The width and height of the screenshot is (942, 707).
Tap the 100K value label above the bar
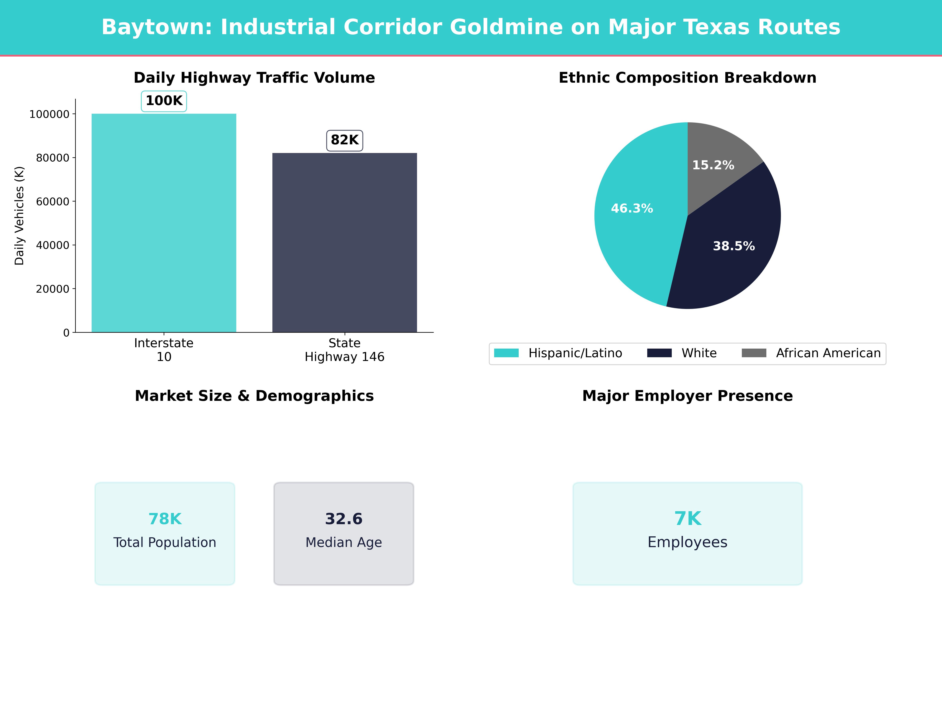164,101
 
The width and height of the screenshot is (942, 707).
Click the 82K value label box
345,140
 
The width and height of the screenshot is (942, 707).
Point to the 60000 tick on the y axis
52,201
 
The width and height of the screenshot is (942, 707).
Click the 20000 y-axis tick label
52,289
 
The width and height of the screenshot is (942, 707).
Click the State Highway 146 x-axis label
345,350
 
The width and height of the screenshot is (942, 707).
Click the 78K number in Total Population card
165,519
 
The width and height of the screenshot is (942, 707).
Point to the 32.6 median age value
344,519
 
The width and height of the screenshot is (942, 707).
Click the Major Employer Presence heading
687,396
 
